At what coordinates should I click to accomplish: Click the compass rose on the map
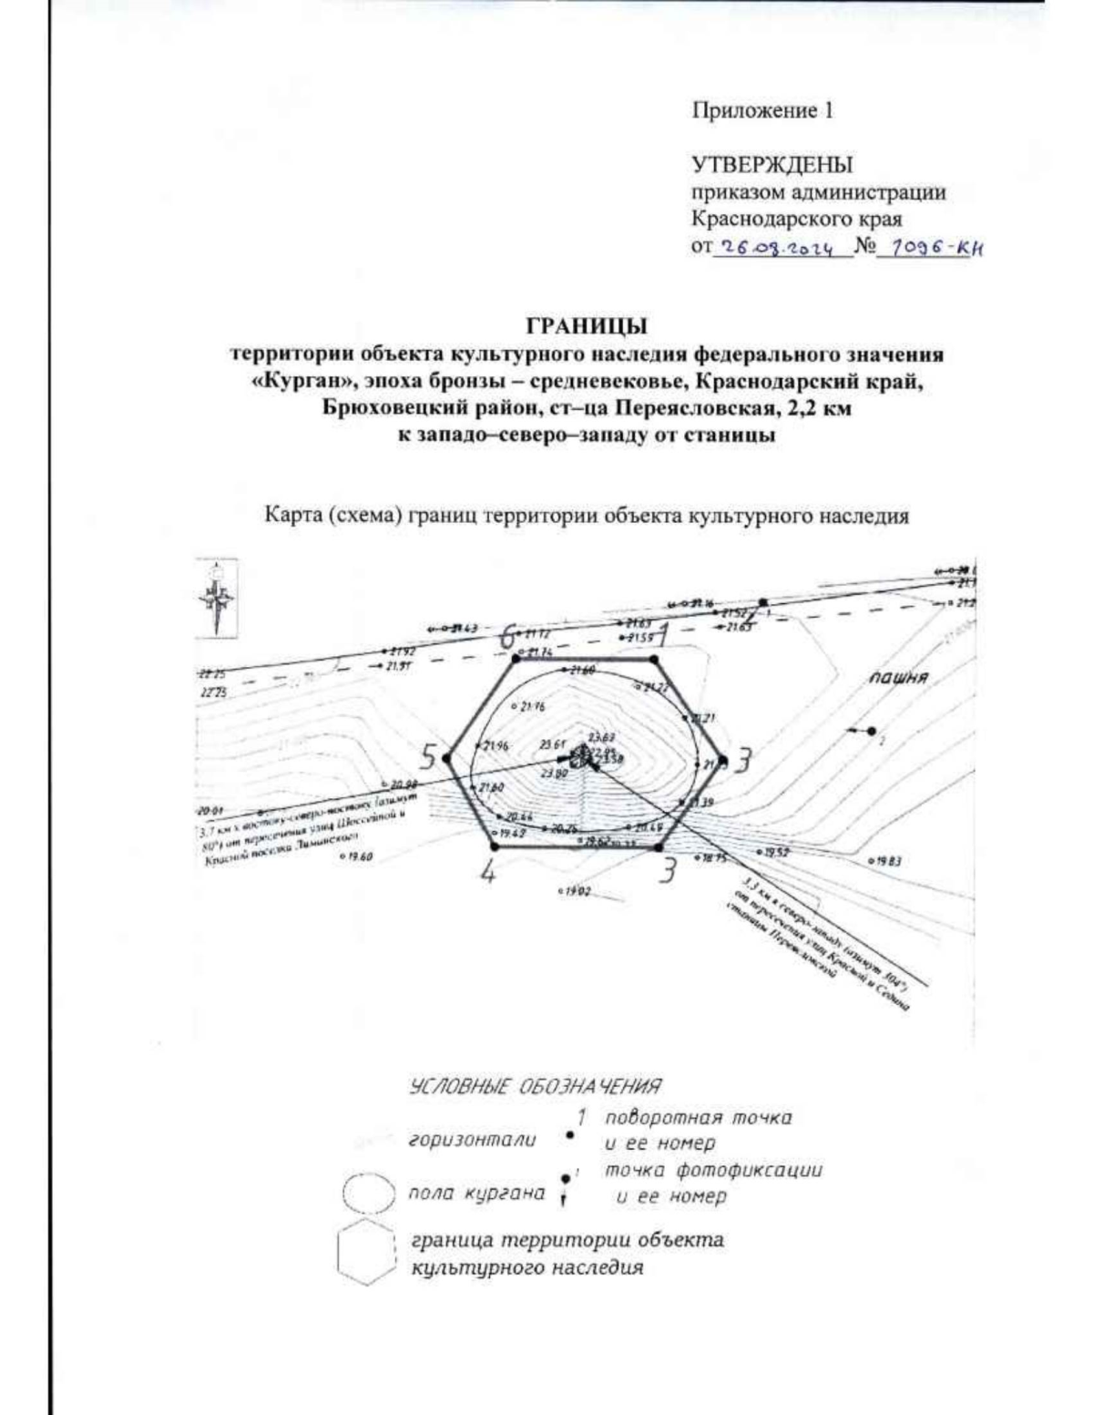click(x=218, y=597)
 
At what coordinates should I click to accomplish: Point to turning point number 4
click(x=489, y=872)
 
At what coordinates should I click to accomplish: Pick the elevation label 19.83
click(x=884, y=861)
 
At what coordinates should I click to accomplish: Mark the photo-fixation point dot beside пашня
click(x=872, y=731)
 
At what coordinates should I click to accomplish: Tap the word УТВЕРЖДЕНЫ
click(x=772, y=166)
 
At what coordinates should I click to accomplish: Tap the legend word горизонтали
click(x=472, y=1140)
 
